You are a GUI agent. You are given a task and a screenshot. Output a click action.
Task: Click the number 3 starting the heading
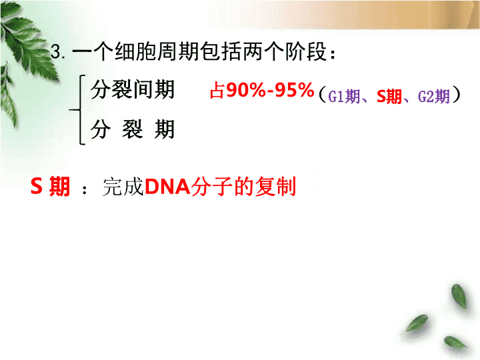56,51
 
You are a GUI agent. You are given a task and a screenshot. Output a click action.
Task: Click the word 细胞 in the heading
135,51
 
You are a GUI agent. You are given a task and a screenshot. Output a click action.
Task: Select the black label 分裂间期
133,89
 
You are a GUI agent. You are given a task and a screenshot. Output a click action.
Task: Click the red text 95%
295,90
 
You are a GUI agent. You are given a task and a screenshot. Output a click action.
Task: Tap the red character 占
217,91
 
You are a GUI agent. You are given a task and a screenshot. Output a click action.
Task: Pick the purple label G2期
434,96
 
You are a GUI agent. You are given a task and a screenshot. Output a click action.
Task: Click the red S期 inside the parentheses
389,96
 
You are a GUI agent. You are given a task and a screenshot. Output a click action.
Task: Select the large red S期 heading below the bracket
51,186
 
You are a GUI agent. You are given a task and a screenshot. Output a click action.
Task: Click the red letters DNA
167,186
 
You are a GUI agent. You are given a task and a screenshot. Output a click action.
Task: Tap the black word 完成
123,186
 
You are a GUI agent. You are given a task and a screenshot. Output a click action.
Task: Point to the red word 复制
275,186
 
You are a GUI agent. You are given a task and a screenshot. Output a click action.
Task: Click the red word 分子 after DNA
212,186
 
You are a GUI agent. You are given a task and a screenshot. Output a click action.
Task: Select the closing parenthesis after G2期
456,95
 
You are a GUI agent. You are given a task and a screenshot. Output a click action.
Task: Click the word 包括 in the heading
221,51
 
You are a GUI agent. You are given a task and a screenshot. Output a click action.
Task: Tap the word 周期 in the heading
178,51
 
